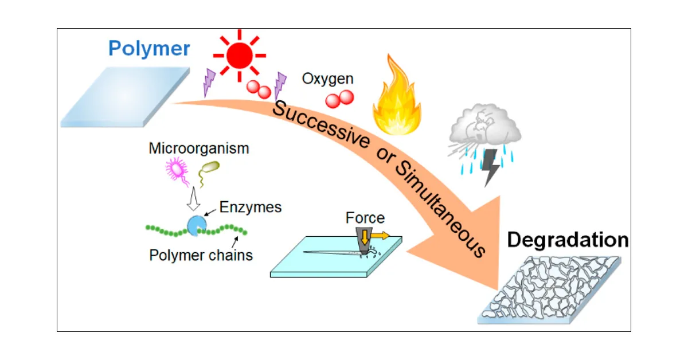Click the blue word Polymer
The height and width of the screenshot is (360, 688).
coord(149,49)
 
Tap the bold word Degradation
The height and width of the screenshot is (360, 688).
coord(568,240)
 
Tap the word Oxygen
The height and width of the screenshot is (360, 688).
coord(328,79)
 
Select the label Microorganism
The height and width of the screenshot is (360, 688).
coord(198,148)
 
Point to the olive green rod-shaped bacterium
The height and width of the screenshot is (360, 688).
coord(209,167)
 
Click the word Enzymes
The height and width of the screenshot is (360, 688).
coord(251,207)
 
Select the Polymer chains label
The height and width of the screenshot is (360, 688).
coord(201,255)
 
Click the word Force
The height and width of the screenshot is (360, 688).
coord(365,218)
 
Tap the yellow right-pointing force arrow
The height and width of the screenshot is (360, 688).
coord(380,234)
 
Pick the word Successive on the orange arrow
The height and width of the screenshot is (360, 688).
coord(321,123)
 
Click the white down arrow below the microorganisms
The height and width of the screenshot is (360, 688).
coord(193,198)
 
